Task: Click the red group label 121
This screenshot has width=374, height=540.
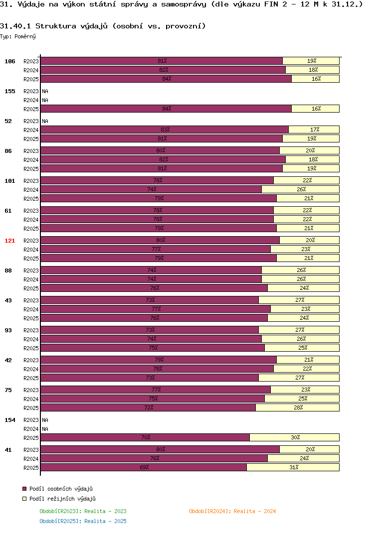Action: [x=9, y=241]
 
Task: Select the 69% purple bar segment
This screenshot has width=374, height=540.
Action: [x=144, y=467]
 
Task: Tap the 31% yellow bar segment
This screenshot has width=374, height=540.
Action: [x=293, y=467]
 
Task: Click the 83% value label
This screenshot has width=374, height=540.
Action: [x=165, y=130]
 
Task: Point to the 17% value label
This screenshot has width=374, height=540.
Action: [x=315, y=130]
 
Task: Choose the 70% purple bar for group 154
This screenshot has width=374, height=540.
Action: [x=145, y=437]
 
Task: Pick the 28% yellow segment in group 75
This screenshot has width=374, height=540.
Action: [x=298, y=407]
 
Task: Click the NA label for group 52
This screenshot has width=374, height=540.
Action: [x=45, y=121]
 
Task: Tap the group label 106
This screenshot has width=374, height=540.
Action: [x=9, y=61]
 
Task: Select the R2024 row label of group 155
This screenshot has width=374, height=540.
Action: [x=31, y=100]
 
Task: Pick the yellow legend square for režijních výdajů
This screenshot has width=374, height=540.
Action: [x=24, y=499]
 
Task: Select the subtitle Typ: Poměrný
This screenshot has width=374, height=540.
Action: [x=18, y=36]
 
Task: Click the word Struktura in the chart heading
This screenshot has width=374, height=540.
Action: [x=56, y=26]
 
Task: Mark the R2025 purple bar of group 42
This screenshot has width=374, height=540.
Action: [x=150, y=378]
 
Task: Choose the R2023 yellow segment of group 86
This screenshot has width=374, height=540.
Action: [x=310, y=150]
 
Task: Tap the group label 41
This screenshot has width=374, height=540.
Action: [x=8, y=450]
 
